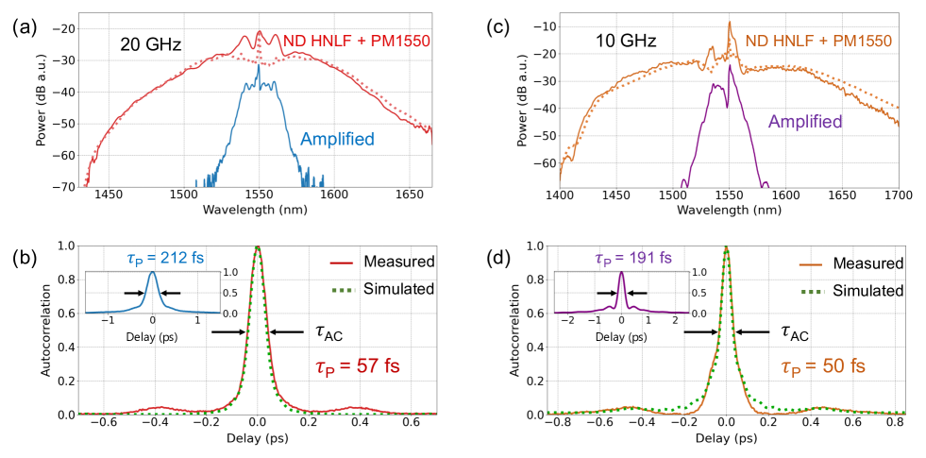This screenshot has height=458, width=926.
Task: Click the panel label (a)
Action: click(x=23, y=27)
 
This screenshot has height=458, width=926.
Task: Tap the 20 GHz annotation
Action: click(x=151, y=43)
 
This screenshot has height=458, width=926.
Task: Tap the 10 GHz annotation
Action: click(x=625, y=41)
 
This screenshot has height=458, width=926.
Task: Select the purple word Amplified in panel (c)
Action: click(x=805, y=121)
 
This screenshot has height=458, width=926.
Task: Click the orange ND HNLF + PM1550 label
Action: click(x=818, y=41)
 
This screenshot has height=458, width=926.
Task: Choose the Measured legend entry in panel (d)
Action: click(x=860, y=263)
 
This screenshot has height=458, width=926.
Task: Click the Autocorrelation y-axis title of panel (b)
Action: click(x=45, y=330)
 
